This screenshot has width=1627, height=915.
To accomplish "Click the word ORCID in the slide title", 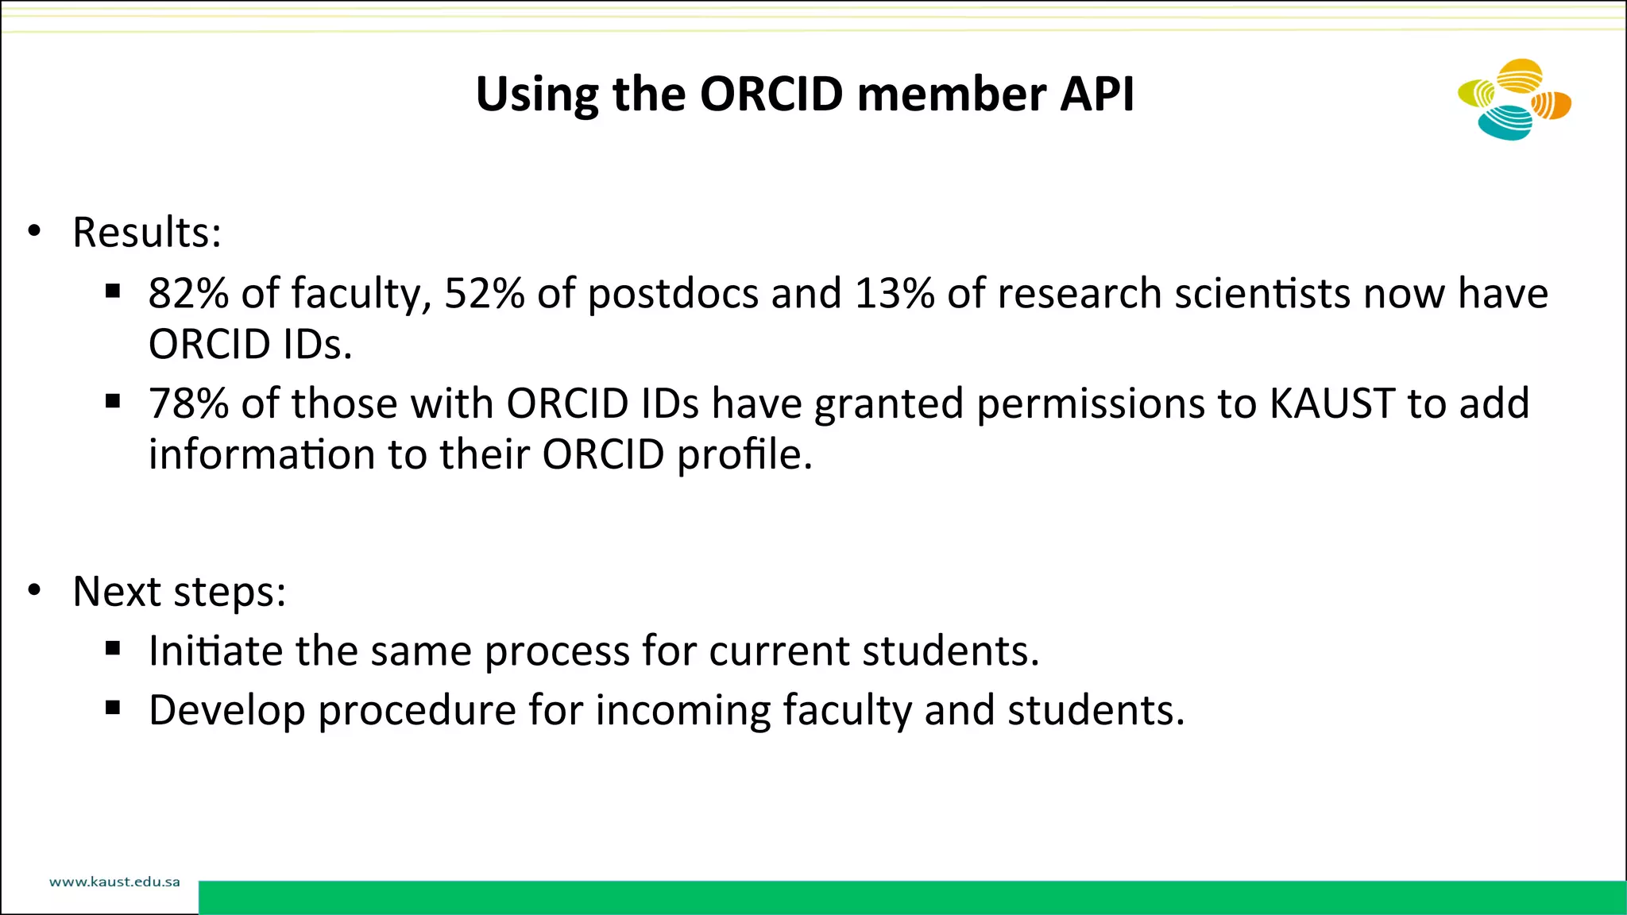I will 771,94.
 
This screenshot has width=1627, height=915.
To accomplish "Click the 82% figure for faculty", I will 188,293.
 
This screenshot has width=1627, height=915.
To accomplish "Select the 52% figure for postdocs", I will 484,293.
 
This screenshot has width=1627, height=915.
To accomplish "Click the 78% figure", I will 188,403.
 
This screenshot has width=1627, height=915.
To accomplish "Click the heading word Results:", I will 147,232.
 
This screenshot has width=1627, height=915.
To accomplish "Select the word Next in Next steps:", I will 117,591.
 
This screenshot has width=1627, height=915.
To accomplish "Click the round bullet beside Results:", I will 33,232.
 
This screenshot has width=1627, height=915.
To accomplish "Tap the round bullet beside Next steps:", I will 33,591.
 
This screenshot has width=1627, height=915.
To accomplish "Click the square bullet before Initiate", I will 113,649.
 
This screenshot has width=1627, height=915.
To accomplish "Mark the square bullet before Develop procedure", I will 113,708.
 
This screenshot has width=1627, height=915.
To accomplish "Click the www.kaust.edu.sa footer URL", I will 114,882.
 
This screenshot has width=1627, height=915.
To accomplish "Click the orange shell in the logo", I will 1552,105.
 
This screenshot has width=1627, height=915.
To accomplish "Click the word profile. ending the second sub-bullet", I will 744,455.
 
